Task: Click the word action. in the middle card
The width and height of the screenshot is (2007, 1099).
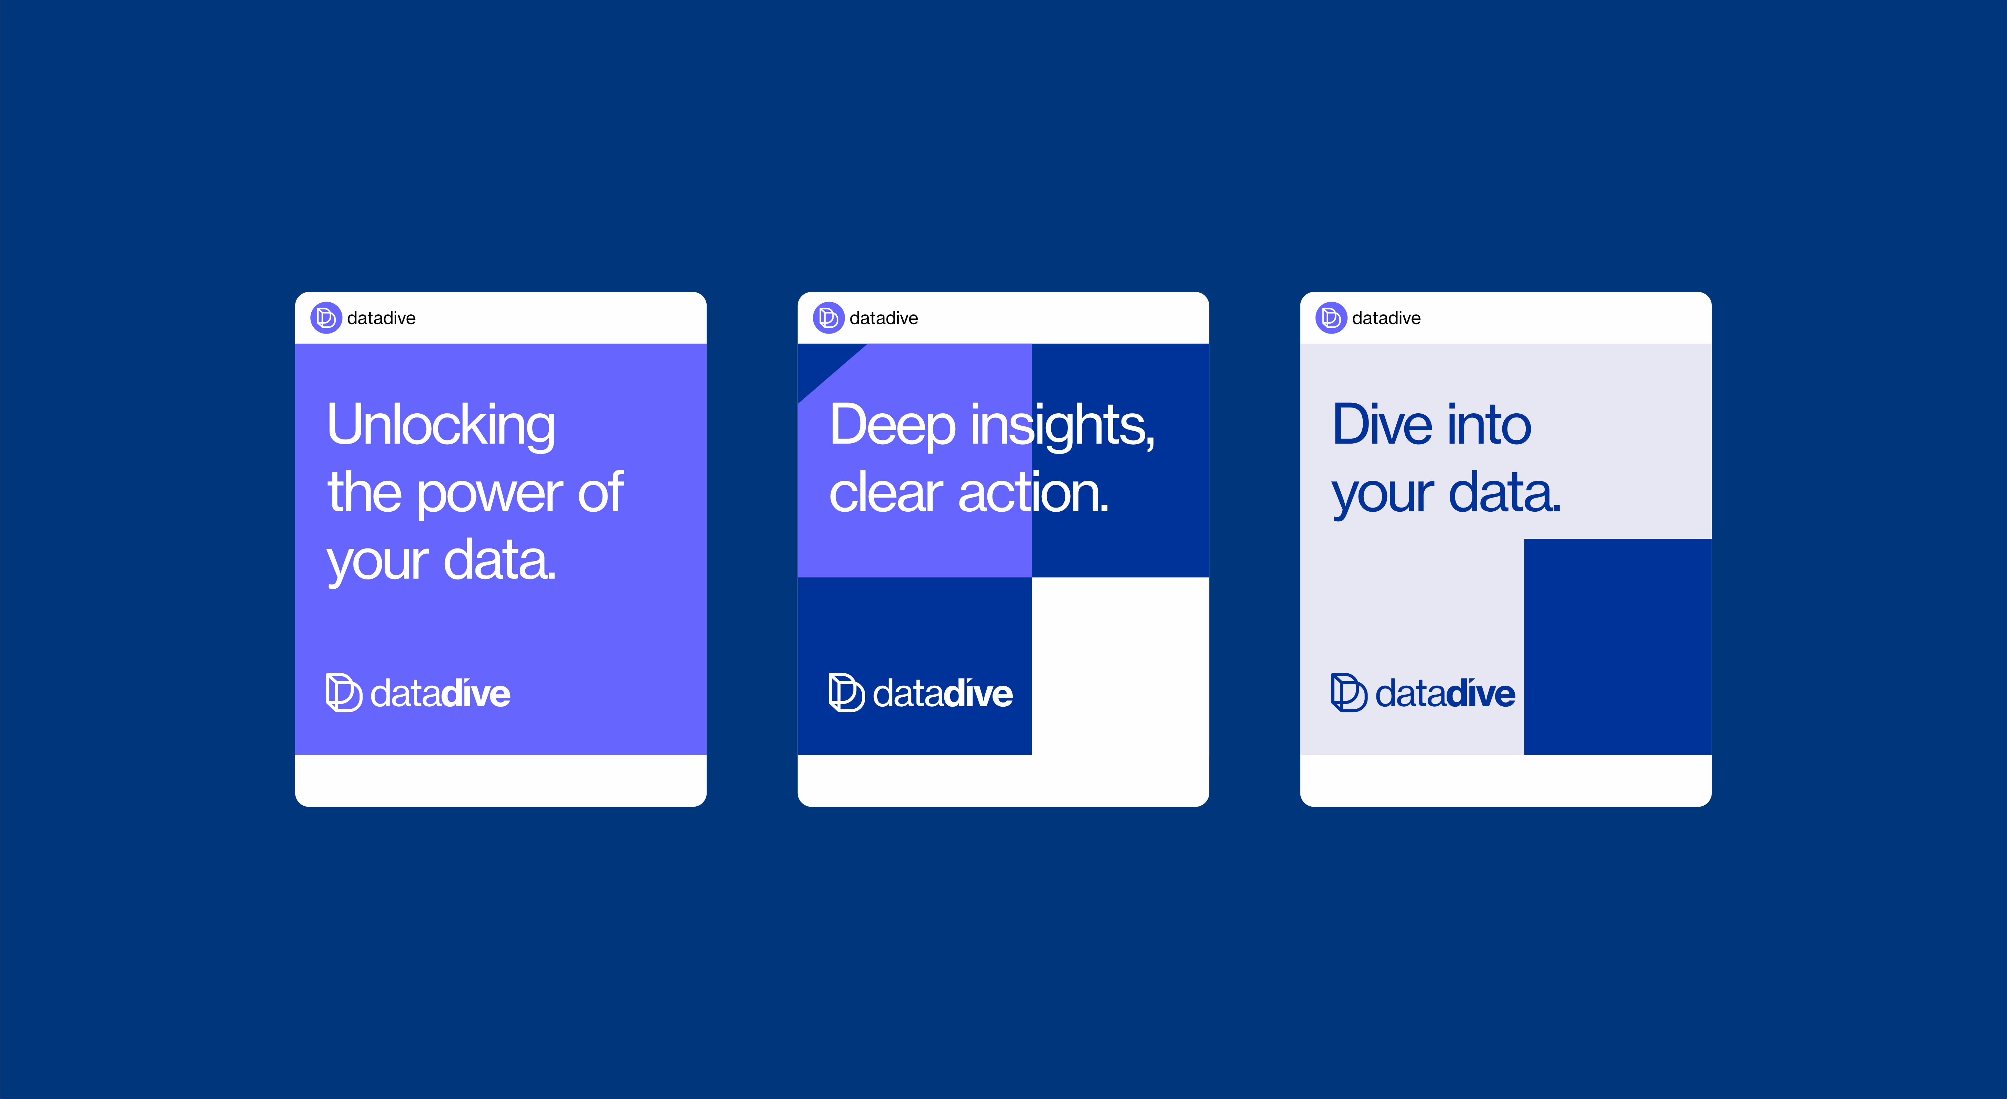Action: pyautogui.click(x=1034, y=494)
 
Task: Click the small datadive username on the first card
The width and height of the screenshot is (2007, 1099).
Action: pyautogui.click(x=381, y=318)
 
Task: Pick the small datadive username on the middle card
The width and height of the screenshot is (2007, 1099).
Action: pyautogui.click(x=883, y=318)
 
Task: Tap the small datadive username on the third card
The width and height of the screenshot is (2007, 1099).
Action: pyautogui.click(x=1386, y=318)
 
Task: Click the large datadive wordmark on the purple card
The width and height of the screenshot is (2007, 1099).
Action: pyautogui.click(x=440, y=693)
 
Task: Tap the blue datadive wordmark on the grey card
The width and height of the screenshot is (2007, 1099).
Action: pyautogui.click(x=1445, y=693)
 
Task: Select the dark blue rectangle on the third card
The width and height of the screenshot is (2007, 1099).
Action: pyautogui.click(x=1618, y=646)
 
